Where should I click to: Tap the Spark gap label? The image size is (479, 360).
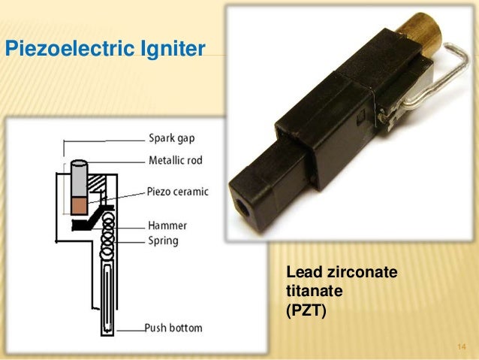tap(170, 138)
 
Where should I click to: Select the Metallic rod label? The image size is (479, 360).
tap(175, 160)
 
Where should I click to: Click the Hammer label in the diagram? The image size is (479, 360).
tap(167, 225)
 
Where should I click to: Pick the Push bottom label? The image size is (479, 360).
tap(173, 328)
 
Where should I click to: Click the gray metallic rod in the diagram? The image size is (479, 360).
tap(79, 179)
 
